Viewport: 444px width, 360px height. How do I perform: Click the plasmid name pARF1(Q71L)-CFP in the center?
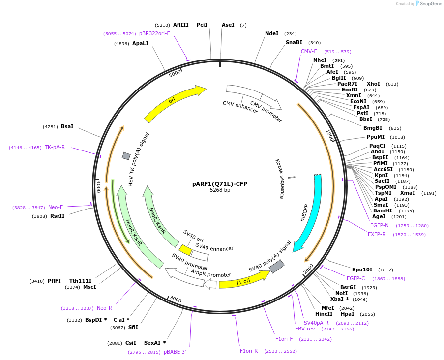[219, 184]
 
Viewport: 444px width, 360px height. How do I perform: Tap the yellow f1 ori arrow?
[243, 281]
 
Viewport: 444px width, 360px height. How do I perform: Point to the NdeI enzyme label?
[271, 34]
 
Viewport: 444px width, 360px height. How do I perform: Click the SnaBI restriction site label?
[294, 43]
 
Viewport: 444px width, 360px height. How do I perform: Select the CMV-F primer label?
[309, 51]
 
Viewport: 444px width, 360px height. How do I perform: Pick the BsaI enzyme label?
[67, 127]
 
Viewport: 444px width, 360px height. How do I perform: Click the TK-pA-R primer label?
[55, 147]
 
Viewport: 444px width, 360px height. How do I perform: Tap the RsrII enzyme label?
[57, 216]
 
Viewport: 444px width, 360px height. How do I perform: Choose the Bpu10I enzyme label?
[362, 270]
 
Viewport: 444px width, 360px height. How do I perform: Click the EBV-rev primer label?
[304, 329]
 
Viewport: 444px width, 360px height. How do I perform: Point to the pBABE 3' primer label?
[175, 352]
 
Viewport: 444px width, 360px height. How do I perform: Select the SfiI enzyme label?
[133, 327]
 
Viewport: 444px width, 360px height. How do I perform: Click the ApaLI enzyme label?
[140, 43]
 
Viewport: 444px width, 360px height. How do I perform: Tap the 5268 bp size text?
[220, 190]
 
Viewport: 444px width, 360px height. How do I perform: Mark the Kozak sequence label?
[280, 179]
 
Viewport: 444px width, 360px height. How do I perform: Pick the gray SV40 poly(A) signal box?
[276, 266]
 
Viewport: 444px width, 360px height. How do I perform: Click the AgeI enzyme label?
[379, 216]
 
